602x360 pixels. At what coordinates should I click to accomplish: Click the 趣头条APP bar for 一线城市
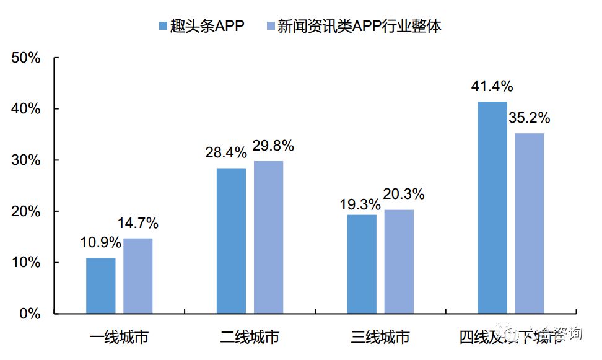(x=100, y=286)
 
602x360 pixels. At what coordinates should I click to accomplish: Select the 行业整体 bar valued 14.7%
(x=137, y=276)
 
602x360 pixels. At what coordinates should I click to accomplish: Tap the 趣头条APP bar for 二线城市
(x=231, y=240)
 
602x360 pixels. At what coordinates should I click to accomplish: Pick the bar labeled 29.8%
(x=268, y=237)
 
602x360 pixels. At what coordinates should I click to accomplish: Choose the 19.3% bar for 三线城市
(x=362, y=264)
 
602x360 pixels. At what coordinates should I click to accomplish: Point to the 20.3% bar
(x=399, y=261)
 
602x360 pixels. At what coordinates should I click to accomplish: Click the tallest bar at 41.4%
(x=492, y=208)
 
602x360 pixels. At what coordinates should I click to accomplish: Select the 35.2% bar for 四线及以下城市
(x=530, y=223)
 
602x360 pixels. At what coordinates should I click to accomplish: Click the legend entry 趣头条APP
(x=201, y=26)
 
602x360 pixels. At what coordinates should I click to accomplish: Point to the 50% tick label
(x=26, y=58)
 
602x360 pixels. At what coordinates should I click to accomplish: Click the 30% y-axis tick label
(x=26, y=160)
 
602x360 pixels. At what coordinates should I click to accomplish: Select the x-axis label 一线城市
(x=119, y=337)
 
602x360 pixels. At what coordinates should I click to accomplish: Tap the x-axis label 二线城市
(x=250, y=337)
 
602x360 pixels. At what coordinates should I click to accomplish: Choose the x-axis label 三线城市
(x=380, y=337)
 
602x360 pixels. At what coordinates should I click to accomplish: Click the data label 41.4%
(x=492, y=87)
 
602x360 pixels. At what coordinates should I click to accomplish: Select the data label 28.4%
(x=226, y=152)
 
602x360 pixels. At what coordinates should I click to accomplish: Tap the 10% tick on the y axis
(x=26, y=263)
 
